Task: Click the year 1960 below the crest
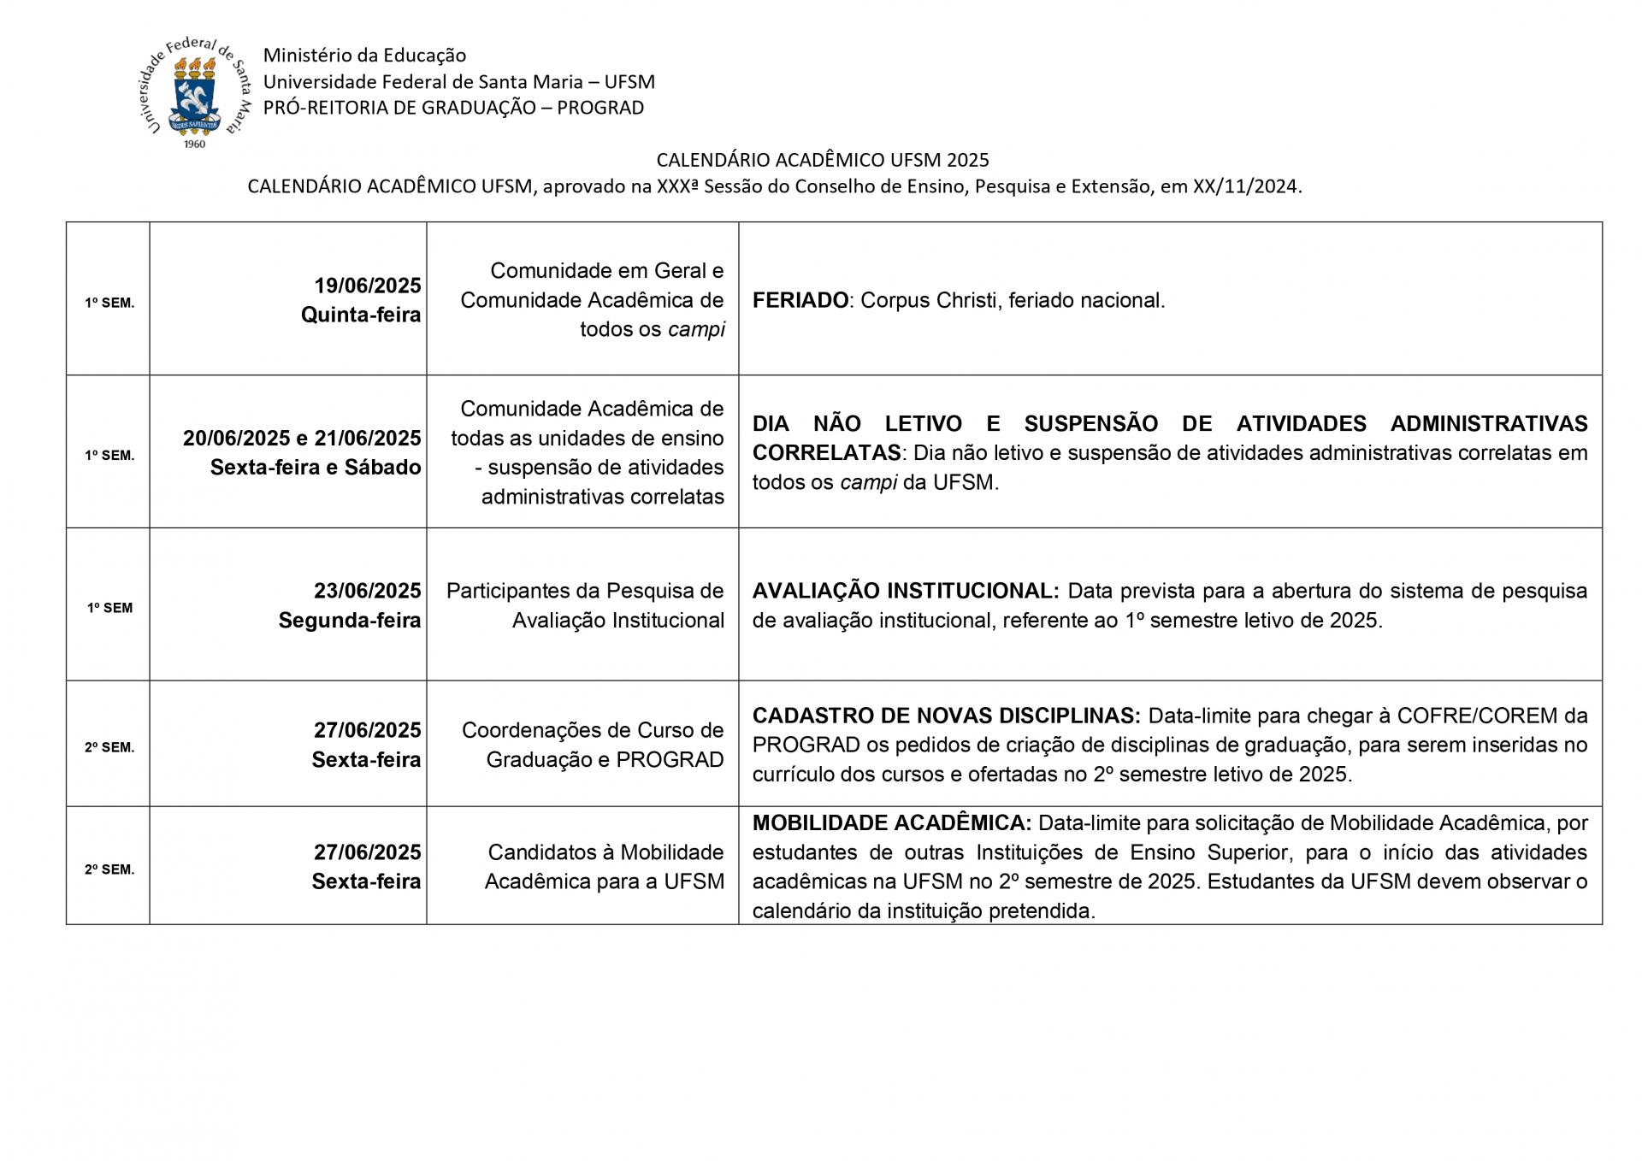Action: (x=195, y=144)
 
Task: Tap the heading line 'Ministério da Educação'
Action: (x=364, y=56)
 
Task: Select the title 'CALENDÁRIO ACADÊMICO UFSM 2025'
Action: (x=822, y=160)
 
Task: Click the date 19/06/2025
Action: (x=368, y=286)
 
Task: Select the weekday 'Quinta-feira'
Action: (x=361, y=315)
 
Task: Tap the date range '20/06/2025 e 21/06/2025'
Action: (x=302, y=439)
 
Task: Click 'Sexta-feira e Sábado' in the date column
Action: (x=316, y=468)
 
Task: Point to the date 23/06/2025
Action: (x=368, y=591)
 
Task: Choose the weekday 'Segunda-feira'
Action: (x=350, y=621)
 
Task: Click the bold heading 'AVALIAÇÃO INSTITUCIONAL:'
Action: (x=906, y=591)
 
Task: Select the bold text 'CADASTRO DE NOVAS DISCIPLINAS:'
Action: (x=946, y=716)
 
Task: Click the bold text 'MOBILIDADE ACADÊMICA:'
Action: (x=892, y=823)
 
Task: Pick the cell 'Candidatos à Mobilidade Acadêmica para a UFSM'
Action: (x=605, y=867)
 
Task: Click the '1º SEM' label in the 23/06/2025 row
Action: (x=110, y=609)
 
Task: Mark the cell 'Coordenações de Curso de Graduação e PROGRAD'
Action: (x=593, y=745)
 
